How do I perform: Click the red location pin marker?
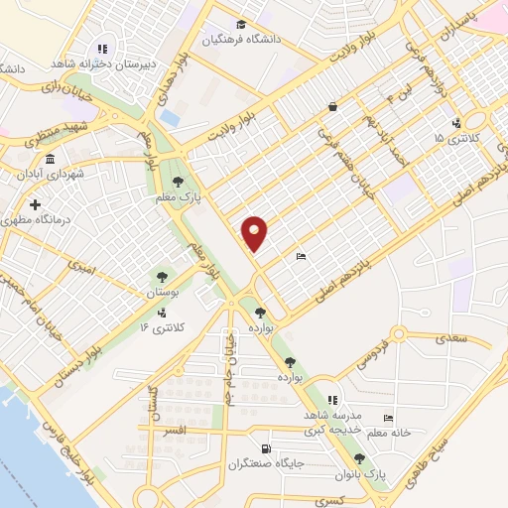point(255,232)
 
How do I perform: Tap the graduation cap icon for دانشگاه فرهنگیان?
point(240,25)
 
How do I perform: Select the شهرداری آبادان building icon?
point(50,158)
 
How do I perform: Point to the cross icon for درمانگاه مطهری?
point(37,204)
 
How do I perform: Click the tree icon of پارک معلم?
point(177,182)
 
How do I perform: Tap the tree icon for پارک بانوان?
point(359,459)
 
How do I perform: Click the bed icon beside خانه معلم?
point(388,420)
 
